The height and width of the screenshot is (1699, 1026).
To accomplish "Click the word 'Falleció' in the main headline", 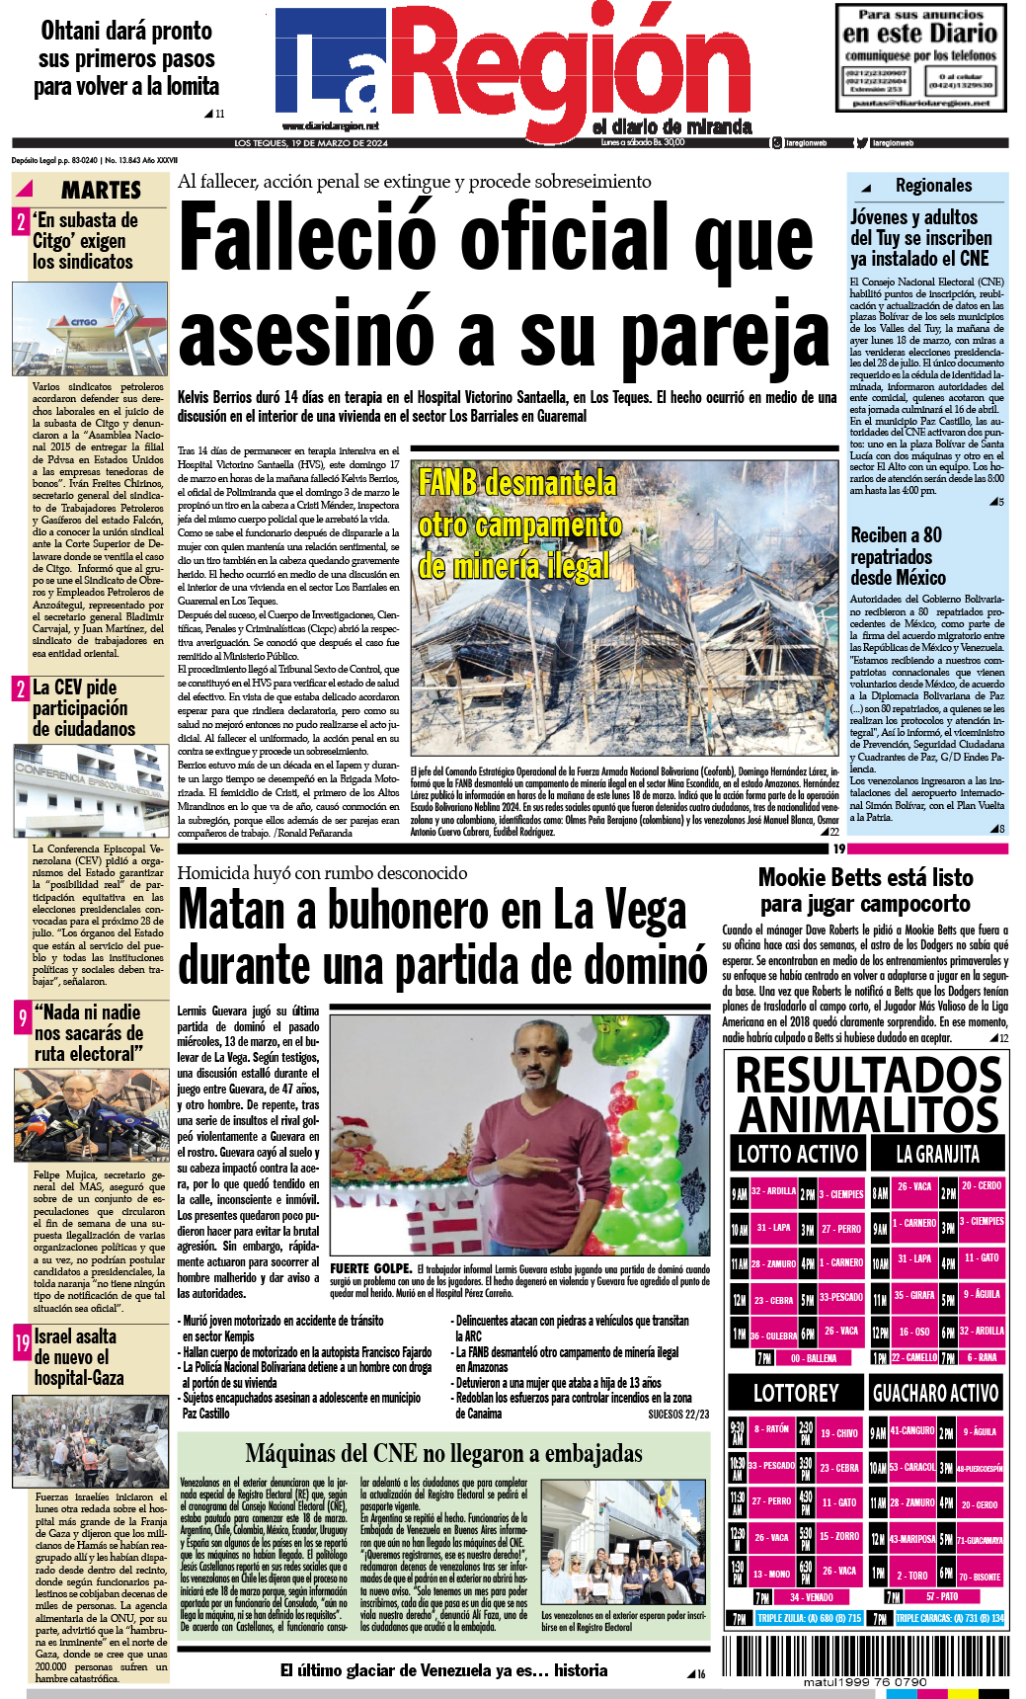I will click(308, 237).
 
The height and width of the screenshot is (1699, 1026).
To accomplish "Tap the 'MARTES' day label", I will click(101, 190).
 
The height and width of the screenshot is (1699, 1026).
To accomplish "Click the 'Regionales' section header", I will click(933, 186).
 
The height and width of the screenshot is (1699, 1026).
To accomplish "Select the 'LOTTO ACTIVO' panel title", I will click(797, 1154).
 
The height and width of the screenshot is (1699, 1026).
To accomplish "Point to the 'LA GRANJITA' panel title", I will click(937, 1154).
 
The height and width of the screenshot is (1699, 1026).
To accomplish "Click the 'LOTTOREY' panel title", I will click(795, 1393).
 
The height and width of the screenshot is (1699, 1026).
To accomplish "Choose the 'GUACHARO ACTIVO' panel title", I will click(935, 1393).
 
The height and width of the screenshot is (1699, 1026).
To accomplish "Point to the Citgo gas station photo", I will click(90, 328).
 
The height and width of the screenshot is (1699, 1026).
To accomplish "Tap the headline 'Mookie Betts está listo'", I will click(865, 877).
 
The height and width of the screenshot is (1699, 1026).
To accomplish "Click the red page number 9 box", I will click(22, 1017).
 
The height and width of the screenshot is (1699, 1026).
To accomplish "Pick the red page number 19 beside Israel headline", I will click(22, 1341).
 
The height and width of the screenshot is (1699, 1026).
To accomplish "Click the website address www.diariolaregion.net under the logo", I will click(330, 126).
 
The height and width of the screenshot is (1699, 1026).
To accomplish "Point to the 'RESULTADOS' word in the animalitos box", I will click(869, 1076).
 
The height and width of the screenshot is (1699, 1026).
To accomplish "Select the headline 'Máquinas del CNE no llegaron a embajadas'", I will click(443, 1453).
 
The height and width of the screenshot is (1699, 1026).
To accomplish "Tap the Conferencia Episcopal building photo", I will click(90, 790).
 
